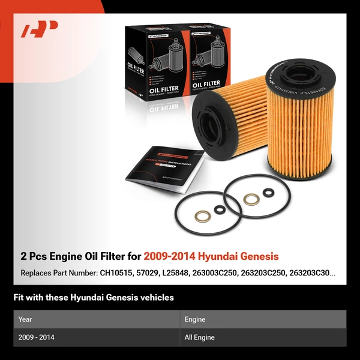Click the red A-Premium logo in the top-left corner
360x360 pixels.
(x=39, y=29)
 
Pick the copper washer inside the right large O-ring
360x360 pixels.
(x=251, y=199)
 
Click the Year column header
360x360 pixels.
(x=25, y=319)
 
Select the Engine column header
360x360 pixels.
(x=195, y=319)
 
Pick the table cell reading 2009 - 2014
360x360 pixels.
(x=37, y=337)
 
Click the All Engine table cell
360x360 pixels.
(x=200, y=337)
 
